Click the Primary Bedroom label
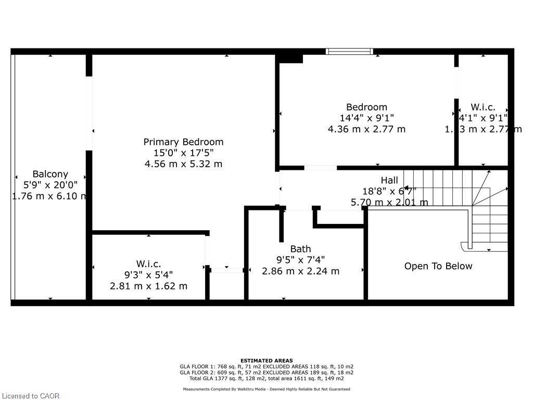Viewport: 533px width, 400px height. [183, 142]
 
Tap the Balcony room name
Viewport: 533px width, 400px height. [50, 174]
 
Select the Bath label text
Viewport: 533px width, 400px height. [300, 249]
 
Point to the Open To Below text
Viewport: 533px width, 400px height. [438, 266]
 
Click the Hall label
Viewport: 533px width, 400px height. [389, 180]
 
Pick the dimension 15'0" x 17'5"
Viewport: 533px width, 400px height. [183, 153]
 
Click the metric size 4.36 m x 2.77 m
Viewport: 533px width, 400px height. [366, 129]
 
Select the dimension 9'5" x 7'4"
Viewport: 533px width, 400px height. [300, 260]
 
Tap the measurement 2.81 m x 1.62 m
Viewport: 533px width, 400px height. [148, 286]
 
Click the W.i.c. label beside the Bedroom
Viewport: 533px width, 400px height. [483, 107]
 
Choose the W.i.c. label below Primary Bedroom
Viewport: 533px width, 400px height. [148, 264]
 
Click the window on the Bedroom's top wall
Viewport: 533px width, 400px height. [349, 51]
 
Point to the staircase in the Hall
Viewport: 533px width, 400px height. [468, 208]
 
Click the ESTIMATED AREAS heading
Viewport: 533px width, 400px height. [266, 360]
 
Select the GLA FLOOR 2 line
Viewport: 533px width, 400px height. [266, 372]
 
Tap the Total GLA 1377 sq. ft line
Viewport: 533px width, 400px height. [266, 378]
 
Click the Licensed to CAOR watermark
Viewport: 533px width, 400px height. [30, 395]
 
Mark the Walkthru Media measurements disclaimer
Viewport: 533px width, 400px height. [266, 389]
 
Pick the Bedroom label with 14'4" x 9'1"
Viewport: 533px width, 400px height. [366, 107]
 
